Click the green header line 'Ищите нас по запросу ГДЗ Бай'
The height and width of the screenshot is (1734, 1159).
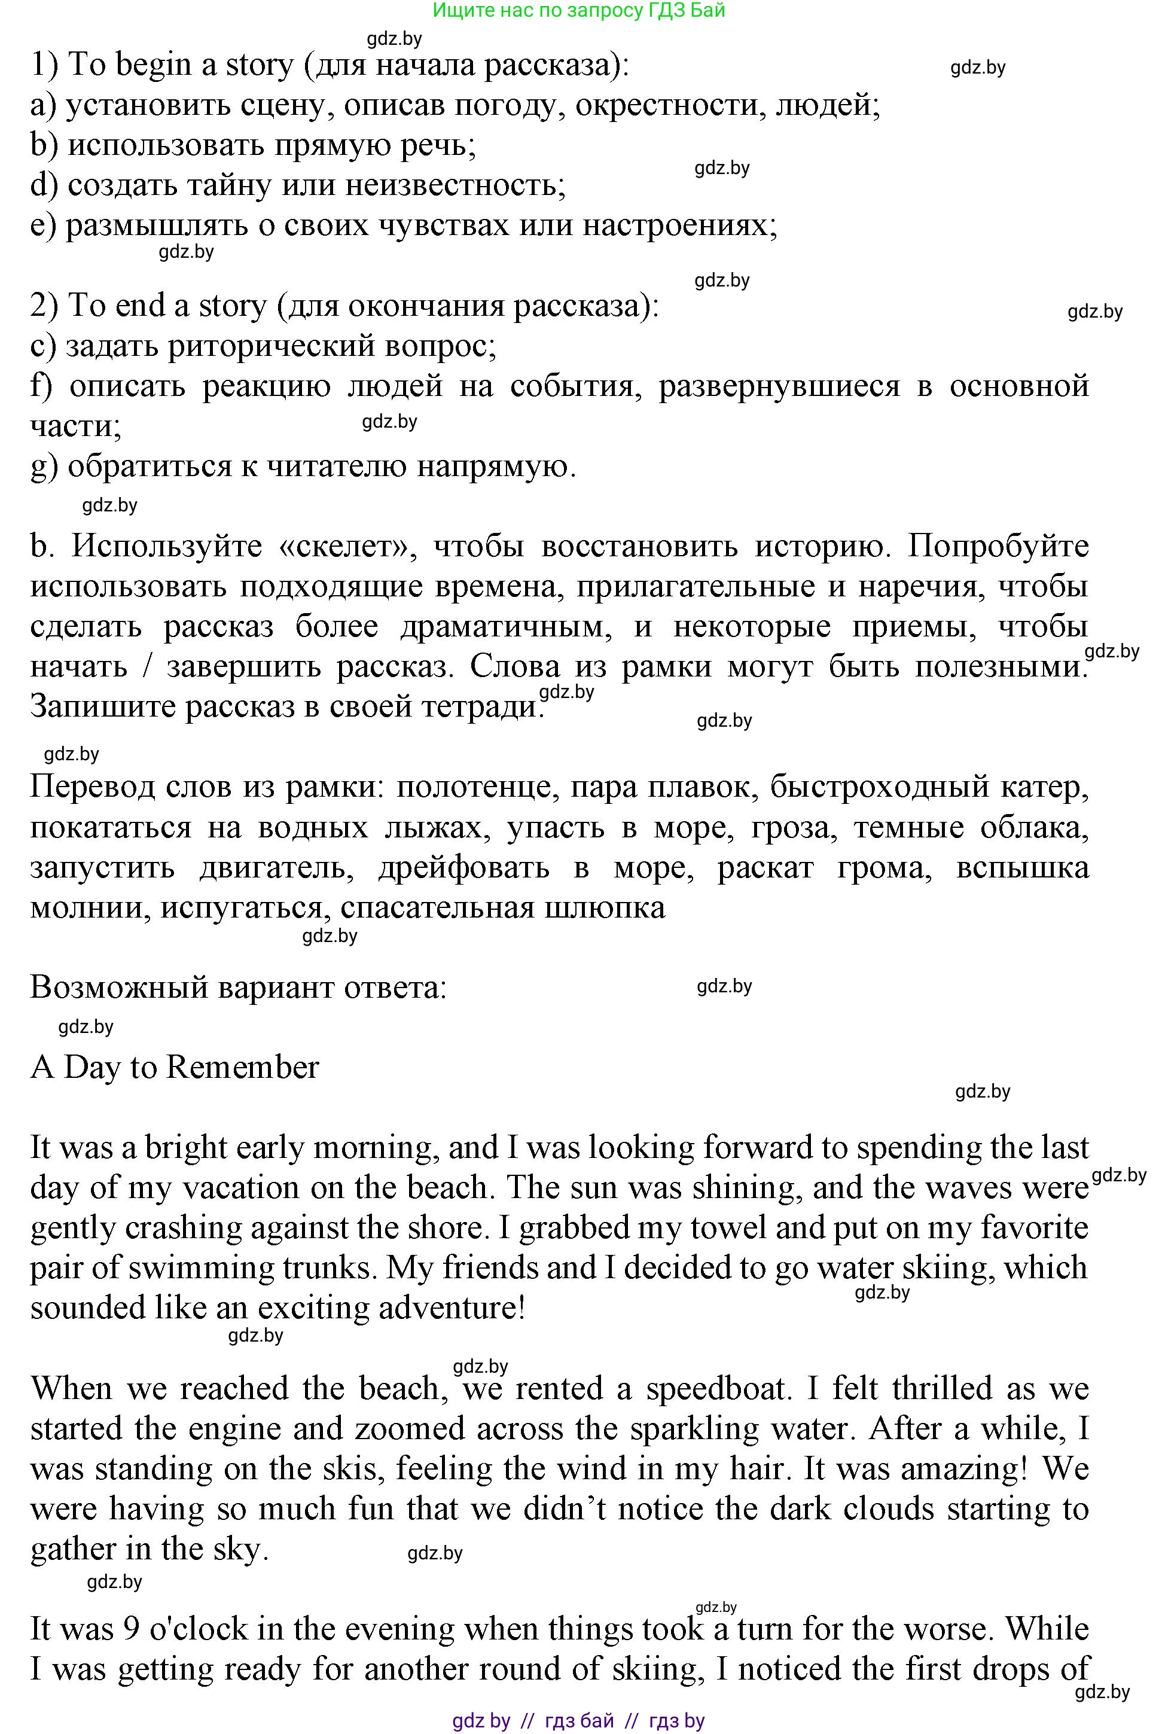[x=579, y=10]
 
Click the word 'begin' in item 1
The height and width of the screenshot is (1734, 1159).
[x=154, y=65]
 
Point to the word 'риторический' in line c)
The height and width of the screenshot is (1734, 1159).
[x=272, y=346]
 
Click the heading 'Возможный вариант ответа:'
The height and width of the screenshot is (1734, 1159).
[x=238, y=988]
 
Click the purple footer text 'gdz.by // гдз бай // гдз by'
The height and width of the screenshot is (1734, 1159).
[x=578, y=1721]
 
